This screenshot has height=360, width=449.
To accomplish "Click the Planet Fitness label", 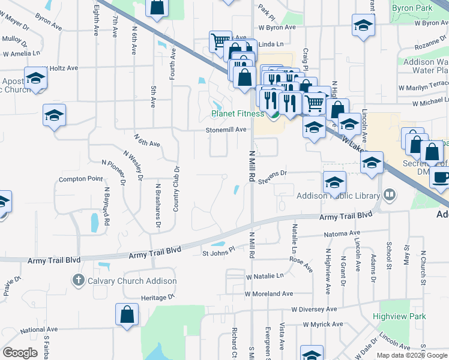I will (x=237, y=113).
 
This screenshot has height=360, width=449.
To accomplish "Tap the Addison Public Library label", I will (x=338, y=196).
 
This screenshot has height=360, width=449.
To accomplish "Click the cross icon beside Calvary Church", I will (x=78, y=280).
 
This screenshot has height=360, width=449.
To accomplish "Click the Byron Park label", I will (x=412, y=8).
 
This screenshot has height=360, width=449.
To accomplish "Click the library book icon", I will (x=390, y=196).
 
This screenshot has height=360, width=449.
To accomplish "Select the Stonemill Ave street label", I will (x=226, y=130).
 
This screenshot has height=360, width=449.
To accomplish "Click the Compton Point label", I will (x=80, y=179).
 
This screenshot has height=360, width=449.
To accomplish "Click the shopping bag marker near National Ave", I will (x=127, y=314).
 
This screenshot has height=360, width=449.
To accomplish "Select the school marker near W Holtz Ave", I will (x=36, y=78).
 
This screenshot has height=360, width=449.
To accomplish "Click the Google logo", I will (x=20, y=353).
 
